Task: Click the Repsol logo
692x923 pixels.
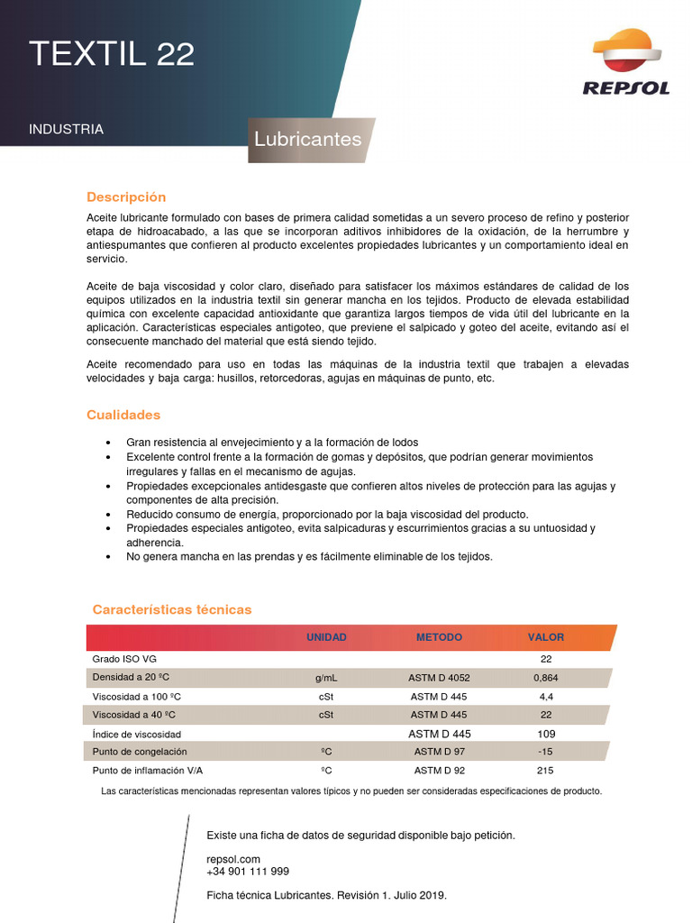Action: [x=626, y=62]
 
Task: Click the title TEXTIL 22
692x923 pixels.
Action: [x=111, y=54]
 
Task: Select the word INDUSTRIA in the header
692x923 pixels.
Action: [x=66, y=129]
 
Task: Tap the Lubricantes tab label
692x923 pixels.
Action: [x=307, y=139]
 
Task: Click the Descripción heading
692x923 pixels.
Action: [x=126, y=196]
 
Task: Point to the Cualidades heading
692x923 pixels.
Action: [x=123, y=415]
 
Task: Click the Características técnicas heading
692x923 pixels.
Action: [x=172, y=609]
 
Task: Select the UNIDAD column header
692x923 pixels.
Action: [x=326, y=637]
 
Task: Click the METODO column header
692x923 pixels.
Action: [x=439, y=637]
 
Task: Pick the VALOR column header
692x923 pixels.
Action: [x=546, y=637]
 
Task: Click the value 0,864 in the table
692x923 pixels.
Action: [x=546, y=678]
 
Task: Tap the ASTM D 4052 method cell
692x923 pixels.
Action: [x=440, y=678]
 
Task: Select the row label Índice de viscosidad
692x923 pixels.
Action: [x=136, y=735]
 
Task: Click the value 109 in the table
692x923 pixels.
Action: [x=546, y=734]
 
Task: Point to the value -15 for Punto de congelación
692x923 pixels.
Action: [x=545, y=752]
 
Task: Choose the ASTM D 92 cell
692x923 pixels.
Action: [x=440, y=771]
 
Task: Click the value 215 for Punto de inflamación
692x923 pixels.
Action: [x=546, y=771]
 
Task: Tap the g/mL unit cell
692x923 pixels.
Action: [x=326, y=678]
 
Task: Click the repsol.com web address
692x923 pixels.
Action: [x=233, y=859]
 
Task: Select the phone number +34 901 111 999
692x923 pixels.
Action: [x=248, y=872]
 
